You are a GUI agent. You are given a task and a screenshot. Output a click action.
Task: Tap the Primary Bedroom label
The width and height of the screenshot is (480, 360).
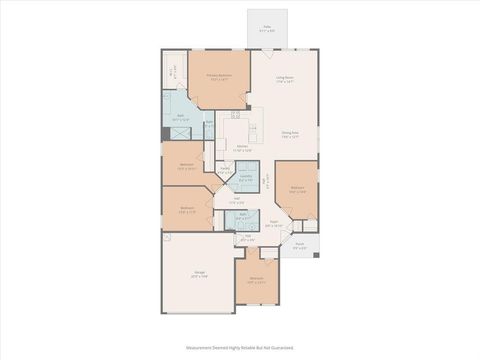(x=218, y=77)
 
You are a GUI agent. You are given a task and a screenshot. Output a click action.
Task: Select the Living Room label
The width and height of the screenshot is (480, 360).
(x=285, y=79)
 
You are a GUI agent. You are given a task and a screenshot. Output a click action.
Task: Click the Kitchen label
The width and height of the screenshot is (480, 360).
(x=243, y=149)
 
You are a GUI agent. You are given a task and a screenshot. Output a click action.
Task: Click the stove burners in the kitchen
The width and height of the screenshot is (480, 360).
(x=235, y=115)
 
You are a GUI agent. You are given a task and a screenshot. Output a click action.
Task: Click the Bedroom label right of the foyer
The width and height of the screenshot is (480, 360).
(x=297, y=188)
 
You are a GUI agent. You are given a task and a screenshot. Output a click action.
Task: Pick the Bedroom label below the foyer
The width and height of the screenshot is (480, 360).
(x=256, y=279)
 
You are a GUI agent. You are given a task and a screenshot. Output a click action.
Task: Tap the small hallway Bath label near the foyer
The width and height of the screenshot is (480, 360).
(x=242, y=215)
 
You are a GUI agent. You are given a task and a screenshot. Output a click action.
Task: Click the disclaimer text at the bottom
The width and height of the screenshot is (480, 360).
(x=240, y=348)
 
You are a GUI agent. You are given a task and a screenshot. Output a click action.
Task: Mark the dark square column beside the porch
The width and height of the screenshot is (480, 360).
(x=317, y=255)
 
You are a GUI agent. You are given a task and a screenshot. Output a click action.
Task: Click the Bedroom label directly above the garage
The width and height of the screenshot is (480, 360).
(x=187, y=210)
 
